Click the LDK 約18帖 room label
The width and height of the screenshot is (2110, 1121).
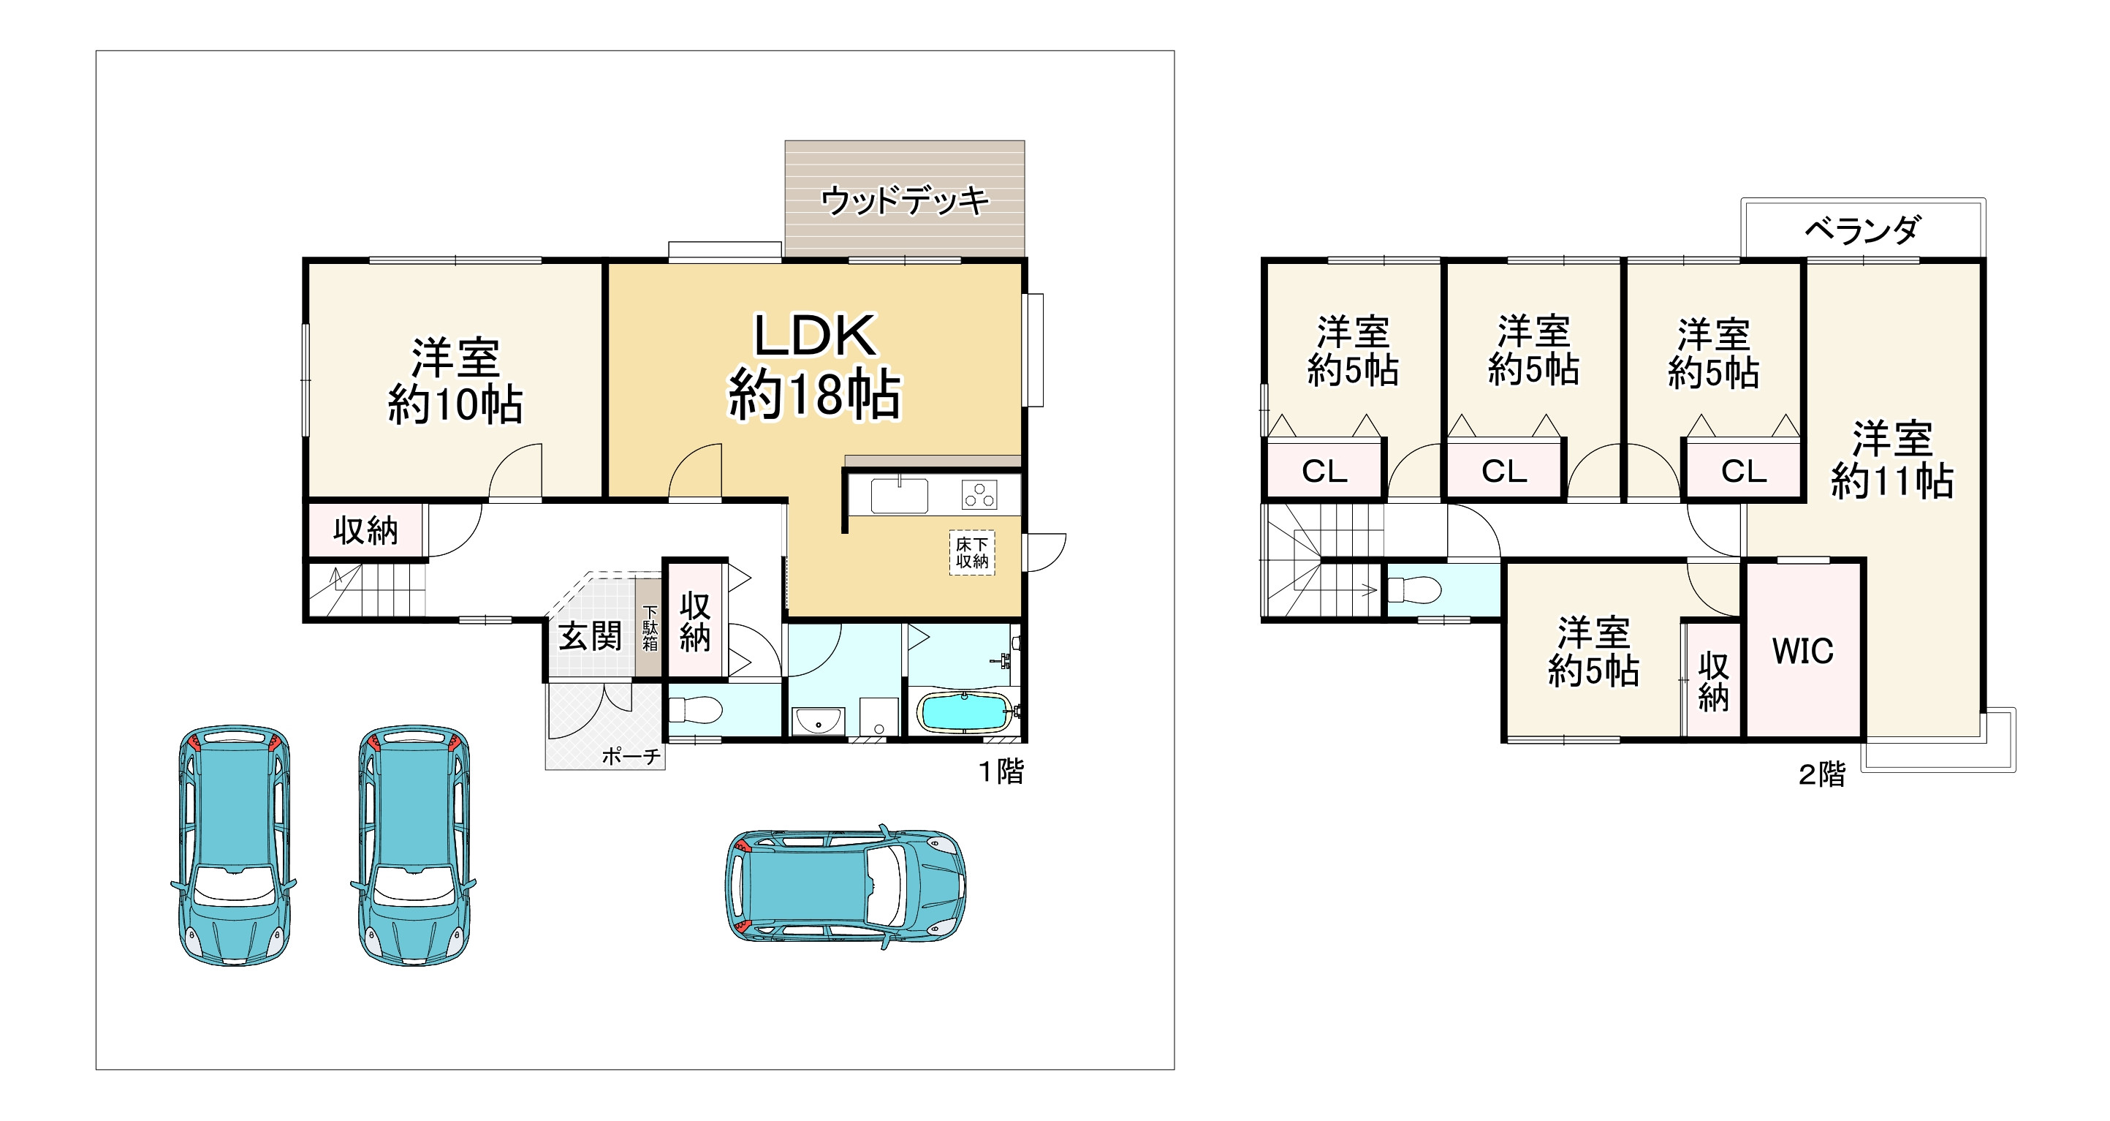pyautogui.click(x=814, y=366)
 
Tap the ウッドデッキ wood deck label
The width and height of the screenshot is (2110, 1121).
pyautogui.click(x=904, y=200)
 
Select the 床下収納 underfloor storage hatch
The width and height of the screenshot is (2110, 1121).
pyautogui.click(x=971, y=553)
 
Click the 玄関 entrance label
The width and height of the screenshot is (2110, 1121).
pyautogui.click(x=590, y=636)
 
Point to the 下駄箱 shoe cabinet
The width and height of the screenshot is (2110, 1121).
pyautogui.click(x=650, y=627)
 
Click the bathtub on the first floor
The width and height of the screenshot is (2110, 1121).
pyautogui.click(x=964, y=712)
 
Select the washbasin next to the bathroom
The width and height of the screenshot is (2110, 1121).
pyautogui.click(x=817, y=722)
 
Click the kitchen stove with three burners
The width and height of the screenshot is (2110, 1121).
pyautogui.click(x=979, y=496)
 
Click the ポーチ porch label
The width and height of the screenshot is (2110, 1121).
pyautogui.click(x=631, y=756)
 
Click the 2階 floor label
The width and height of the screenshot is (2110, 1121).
pyautogui.click(x=1822, y=774)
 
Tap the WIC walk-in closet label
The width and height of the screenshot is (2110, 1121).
pyautogui.click(x=1803, y=652)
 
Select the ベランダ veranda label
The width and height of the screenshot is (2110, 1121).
pyautogui.click(x=1863, y=230)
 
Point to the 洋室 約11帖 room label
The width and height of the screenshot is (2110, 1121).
pyautogui.click(x=1892, y=460)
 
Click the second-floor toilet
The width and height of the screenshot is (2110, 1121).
pyautogui.click(x=1416, y=589)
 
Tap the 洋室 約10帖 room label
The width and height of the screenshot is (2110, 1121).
pyautogui.click(x=455, y=381)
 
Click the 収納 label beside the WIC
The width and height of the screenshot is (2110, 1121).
pyautogui.click(x=1712, y=682)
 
